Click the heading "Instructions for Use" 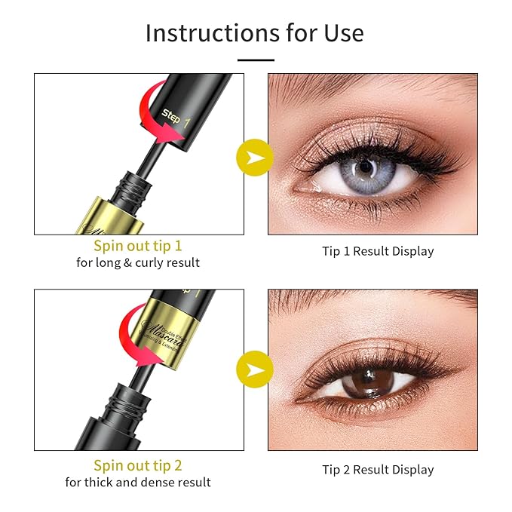[255, 33]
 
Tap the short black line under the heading [256, 59]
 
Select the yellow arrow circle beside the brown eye [256, 369]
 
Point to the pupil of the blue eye [364, 167]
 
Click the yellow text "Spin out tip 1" [138, 246]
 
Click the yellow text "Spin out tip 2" [138, 465]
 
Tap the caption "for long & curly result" [138, 263]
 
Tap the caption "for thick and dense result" [138, 483]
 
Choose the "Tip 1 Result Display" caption [378, 251]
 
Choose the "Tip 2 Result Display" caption [378, 470]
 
